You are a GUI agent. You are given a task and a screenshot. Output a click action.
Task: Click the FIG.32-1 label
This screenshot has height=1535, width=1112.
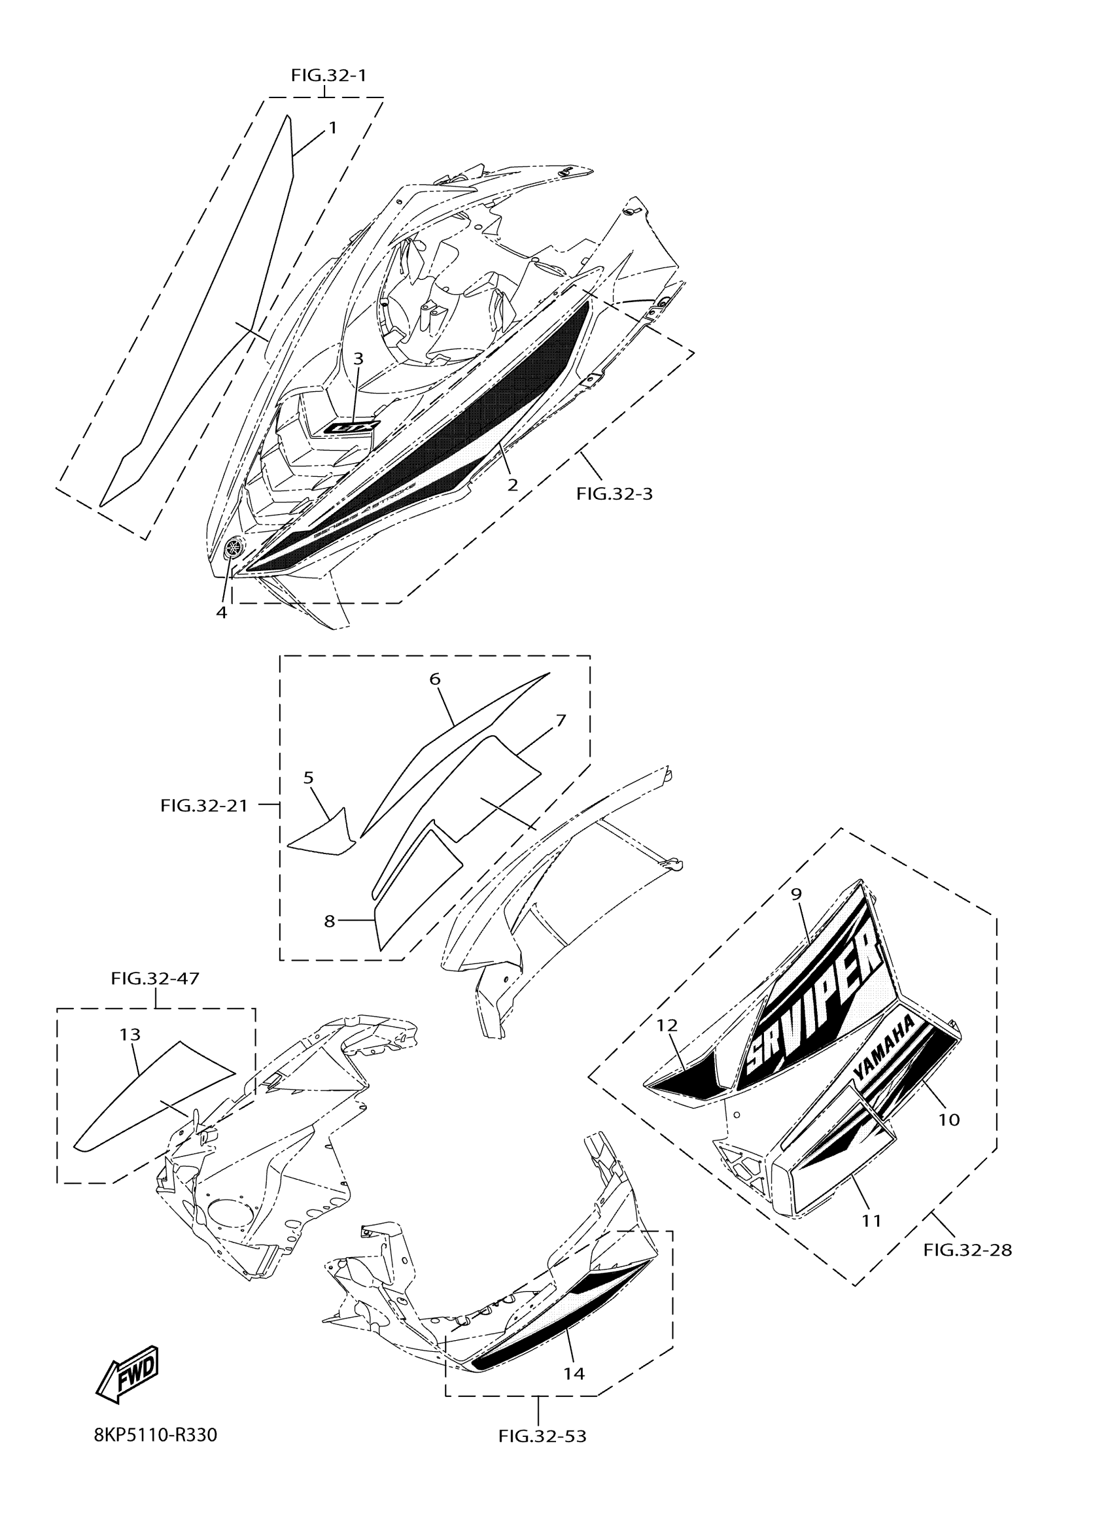[x=329, y=75]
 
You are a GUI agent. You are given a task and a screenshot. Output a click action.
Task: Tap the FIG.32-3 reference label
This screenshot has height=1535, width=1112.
[x=615, y=493]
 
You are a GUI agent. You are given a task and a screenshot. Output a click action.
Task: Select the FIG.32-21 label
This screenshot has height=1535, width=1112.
[x=203, y=805]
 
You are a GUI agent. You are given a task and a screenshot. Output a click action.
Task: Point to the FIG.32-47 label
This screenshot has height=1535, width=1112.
[x=155, y=978]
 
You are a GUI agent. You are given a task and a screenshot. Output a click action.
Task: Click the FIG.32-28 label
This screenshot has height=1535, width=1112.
[x=967, y=1250]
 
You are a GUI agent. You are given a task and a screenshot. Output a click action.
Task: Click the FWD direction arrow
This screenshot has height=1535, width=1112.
[x=128, y=1374]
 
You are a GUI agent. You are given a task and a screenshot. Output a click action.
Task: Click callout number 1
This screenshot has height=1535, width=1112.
[x=332, y=128]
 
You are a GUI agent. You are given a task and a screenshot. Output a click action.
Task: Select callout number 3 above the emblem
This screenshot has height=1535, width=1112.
[x=358, y=358]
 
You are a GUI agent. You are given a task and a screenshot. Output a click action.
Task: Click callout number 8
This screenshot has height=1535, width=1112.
[x=330, y=921]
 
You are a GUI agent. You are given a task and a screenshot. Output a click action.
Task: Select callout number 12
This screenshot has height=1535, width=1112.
[x=667, y=1026]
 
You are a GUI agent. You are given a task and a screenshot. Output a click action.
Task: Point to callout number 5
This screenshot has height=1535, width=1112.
[x=309, y=778]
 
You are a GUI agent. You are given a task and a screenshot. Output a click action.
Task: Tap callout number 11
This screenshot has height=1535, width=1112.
[x=871, y=1220]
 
